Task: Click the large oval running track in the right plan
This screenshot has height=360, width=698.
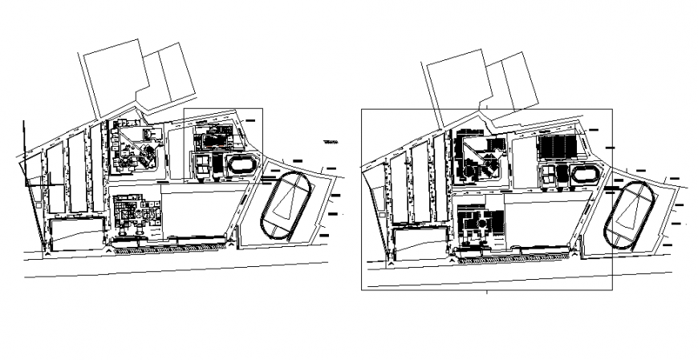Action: pyautogui.click(x=628, y=215)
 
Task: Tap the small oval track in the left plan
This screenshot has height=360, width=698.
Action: pyautogui.click(x=240, y=166)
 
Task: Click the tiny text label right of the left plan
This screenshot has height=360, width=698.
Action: pyautogui.click(x=331, y=144)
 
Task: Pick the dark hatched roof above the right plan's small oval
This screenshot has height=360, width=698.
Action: pyautogui.click(x=556, y=148)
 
